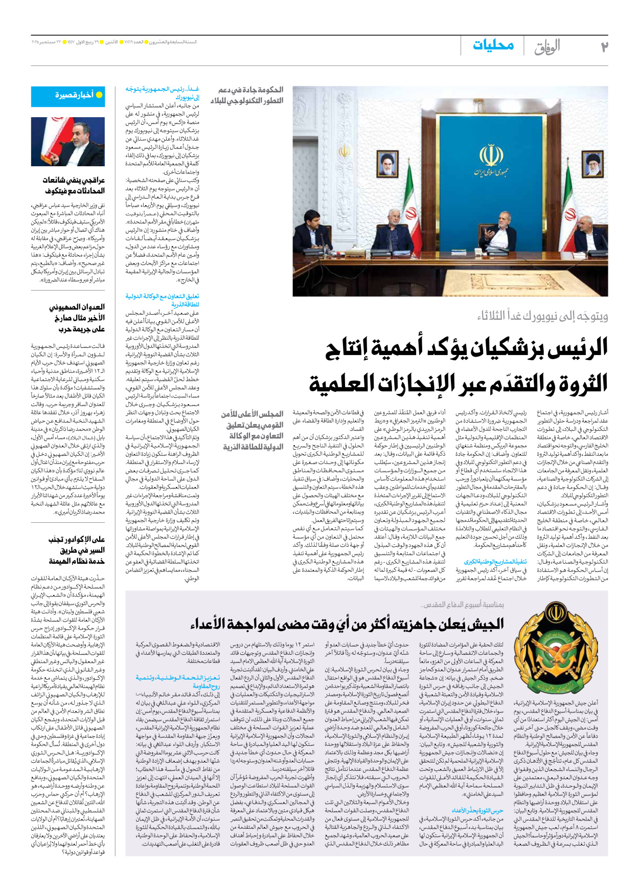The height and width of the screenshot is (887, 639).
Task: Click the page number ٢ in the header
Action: (604, 47)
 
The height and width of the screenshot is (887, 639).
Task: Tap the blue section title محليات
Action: (493, 46)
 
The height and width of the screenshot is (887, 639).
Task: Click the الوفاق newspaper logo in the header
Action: (547, 47)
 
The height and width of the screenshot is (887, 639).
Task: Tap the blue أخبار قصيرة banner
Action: (67, 96)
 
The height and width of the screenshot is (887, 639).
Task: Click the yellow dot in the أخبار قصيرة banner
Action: (99, 95)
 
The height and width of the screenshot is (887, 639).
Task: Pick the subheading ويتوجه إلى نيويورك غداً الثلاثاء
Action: (542, 316)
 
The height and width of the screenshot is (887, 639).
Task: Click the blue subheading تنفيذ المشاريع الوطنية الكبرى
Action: (495, 562)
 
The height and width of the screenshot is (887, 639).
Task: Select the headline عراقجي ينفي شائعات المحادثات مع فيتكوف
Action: (75, 186)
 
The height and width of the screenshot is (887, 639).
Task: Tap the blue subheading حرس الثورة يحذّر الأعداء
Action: (477, 810)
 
